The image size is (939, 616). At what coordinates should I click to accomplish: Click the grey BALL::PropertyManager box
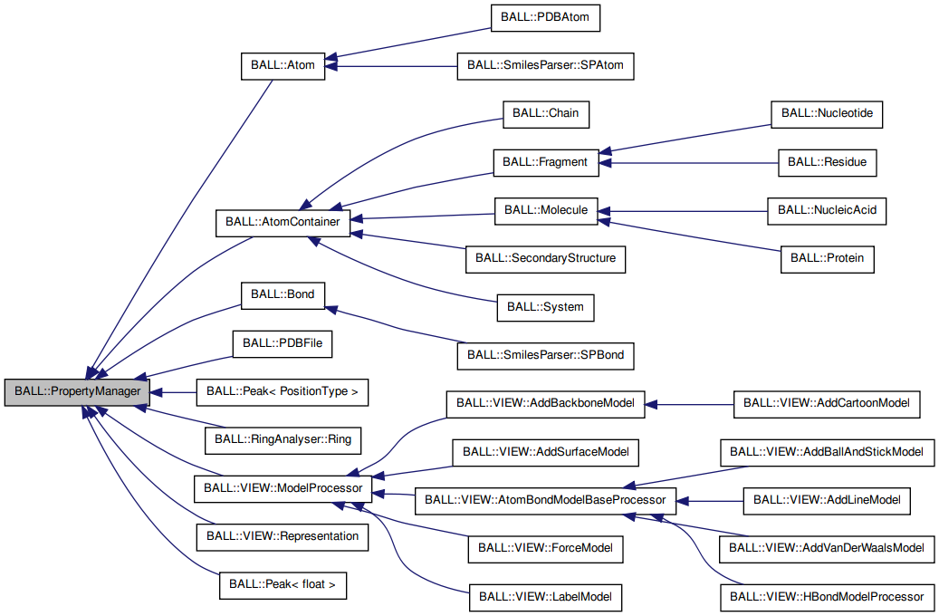[x=76, y=391]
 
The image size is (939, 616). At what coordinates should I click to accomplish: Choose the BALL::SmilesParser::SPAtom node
[x=545, y=66]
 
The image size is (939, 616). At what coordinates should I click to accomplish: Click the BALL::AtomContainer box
[x=282, y=222]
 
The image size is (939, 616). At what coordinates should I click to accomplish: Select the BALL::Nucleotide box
[x=827, y=113]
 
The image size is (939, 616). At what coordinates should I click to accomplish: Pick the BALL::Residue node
[x=827, y=162]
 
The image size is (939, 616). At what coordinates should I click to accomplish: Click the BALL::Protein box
[x=827, y=258]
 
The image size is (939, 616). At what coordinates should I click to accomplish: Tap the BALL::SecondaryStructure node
[x=545, y=258]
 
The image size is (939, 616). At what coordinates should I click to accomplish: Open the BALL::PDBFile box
[x=283, y=343]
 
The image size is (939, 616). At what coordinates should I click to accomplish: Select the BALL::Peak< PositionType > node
[x=283, y=391]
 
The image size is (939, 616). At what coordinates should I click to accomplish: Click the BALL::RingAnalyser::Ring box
[x=283, y=440]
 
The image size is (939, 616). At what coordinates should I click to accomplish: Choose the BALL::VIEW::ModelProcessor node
[x=283, y=487]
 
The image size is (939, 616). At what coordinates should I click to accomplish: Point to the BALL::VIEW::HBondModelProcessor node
[x=827, y=596]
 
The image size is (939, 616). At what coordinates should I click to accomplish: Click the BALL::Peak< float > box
[x=283, y=585]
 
